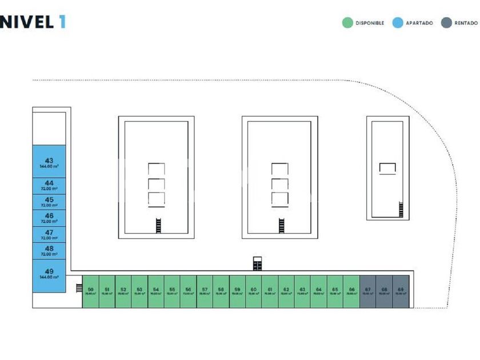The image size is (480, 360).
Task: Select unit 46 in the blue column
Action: tap(49, 218)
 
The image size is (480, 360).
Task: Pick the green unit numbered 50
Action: tap(90, 291)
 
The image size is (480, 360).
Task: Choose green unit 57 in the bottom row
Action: tap(205, 291)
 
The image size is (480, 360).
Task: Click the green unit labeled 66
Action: tap(351, 291)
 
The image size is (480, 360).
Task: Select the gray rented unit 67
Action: tap(368, 291)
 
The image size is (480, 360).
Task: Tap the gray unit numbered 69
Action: tap(401, 291)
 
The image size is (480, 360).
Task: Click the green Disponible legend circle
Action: tap(347, 23)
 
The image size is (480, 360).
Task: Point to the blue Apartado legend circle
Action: tap(398, 23)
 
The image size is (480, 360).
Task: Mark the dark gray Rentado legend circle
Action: tap(446, 23)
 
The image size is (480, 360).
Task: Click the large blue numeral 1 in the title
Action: tap(61, 22)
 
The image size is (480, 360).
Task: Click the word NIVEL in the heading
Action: tap(26, 22)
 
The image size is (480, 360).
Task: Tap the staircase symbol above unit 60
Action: tap(258, 263)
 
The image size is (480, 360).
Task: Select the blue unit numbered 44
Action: tap(49, 185)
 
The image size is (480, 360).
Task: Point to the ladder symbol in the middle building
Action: tap(282, 225)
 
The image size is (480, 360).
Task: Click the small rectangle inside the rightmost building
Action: tap(388, 167)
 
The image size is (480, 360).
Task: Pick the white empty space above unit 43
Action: tap(49, 127)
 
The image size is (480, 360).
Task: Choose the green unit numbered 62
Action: tap(286, 291)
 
